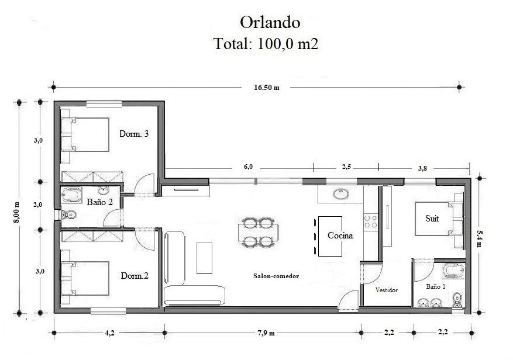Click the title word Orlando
[x=270, y=23]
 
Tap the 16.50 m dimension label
[x=267, y=87]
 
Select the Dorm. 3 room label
[x=134, y=133]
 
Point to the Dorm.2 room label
[x=135, y=276]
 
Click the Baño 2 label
[x=100, y=202]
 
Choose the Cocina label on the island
[x=340, y=236]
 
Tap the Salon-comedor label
[x=276, y=276]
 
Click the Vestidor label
[x=387, y=290]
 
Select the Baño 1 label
[x=435, y=286]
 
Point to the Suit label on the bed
[x=432, y=219]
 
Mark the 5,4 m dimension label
[x=479, y=238]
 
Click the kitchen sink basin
[x=341, y=193]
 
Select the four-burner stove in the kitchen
[x=371, y=221]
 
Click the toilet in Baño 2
[x=68, y=214]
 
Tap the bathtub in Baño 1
[x=454, y=271]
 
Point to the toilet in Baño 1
[x=457, y=300]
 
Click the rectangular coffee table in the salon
[x=204, y=258]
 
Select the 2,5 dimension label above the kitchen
[x=346, y=167]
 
